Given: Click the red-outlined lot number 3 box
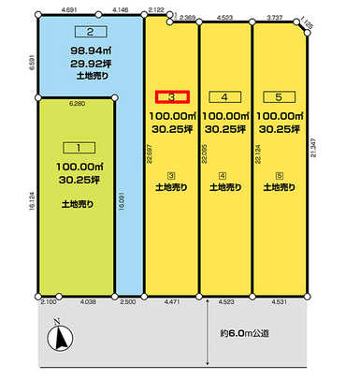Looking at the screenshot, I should [x=172, y=96].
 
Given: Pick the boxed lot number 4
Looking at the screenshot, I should [x=224, y=96].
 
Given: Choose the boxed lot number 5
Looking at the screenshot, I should [x=277, y=96].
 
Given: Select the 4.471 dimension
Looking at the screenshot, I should [x=172, y=303].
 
